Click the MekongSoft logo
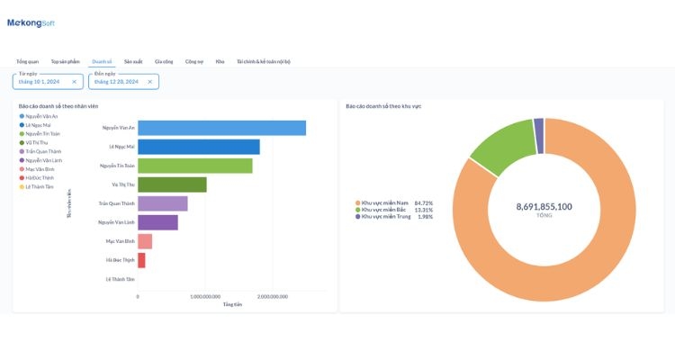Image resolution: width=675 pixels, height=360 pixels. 31,22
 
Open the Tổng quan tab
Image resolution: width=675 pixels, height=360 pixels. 27,61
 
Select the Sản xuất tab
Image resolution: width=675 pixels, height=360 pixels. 133,61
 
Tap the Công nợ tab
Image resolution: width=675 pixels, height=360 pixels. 194,61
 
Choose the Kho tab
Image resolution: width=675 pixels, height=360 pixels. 220,61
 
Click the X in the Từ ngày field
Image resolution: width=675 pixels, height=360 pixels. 75,82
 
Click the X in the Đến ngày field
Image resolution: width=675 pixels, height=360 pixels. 150,82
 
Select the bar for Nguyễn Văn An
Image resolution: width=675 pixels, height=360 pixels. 221,128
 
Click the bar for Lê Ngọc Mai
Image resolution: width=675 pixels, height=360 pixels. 199,147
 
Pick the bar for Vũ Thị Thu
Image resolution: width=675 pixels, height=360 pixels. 172,184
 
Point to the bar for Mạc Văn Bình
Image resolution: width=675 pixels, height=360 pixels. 145,241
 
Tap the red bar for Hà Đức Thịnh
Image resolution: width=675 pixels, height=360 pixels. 141,260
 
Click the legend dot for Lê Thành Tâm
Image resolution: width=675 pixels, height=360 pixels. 21,186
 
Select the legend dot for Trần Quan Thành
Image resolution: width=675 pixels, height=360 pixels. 21,151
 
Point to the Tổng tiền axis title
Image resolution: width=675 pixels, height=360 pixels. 232,304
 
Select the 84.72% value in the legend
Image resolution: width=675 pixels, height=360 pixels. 424,202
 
